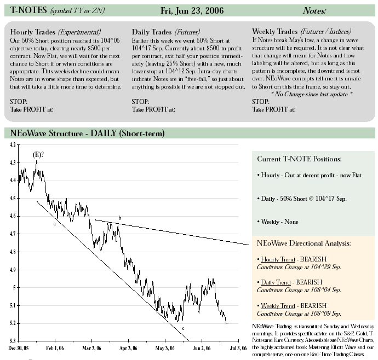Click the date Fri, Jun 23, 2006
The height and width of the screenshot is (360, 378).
coord(192,10)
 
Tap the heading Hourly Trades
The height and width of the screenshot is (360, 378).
coord(32,32)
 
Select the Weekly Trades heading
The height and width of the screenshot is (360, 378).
coord(275,32)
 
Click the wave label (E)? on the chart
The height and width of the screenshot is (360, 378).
coord(38,155)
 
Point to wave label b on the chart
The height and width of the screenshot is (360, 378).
coord(120,218)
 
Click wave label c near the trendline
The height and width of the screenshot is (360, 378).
coord(183,328)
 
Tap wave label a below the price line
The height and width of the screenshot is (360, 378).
coord(54,224)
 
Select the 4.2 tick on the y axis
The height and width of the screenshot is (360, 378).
coord(13,144)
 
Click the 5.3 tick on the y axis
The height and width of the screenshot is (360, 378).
coord(13,341)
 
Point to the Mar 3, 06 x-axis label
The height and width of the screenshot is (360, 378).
coord(91,348)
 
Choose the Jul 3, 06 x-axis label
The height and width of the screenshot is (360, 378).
coord(238,348)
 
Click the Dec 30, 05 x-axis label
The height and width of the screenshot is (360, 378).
coord(18,348)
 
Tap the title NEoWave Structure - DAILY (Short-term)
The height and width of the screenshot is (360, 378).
coord(87,133)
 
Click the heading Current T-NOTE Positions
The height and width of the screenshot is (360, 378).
coord(299,159)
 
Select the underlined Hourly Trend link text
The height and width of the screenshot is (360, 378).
coord(278,259)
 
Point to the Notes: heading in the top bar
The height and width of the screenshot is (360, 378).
coord(314,10)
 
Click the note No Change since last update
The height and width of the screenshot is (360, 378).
coord(312,94)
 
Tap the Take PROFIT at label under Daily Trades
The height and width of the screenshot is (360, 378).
coord(153,109)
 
